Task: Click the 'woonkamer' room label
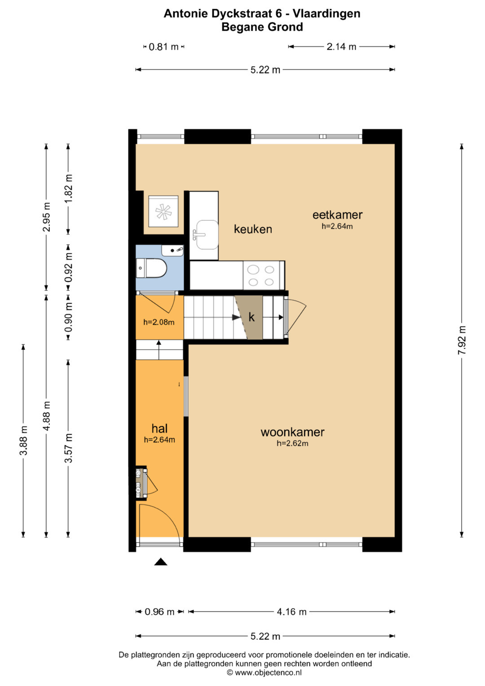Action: point(292,432)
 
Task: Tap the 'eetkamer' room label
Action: point(337,215)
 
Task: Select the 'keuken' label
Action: point(253,229)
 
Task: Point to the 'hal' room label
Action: point(159,429)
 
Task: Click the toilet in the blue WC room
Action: point(151,268)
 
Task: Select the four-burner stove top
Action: point(261,275)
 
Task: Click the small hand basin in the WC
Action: point(172,251)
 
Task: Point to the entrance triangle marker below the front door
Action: point(161,562)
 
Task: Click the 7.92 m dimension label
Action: point(462,340)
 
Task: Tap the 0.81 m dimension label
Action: point(163,47)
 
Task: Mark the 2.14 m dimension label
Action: point(341,47)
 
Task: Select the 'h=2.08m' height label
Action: point(159,322)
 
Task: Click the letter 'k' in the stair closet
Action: point(251,317)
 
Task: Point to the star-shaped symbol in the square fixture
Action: point(163,211)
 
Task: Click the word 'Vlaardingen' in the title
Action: point(326,13)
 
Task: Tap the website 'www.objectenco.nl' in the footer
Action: point(268,673)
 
